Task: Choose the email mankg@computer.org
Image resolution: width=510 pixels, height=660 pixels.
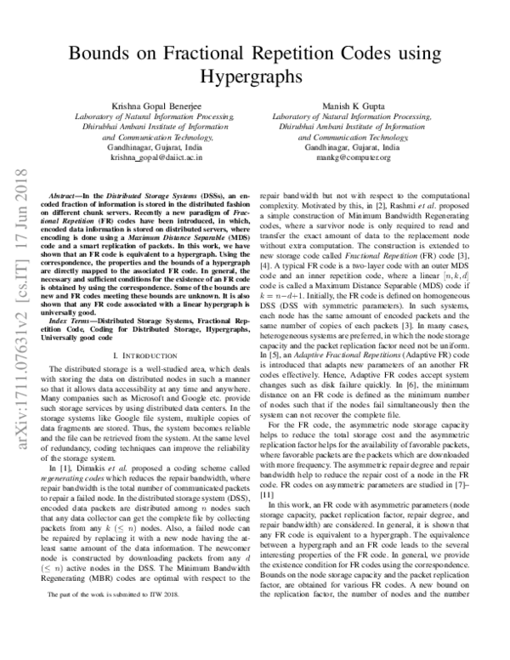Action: click(x=355, y=157)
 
